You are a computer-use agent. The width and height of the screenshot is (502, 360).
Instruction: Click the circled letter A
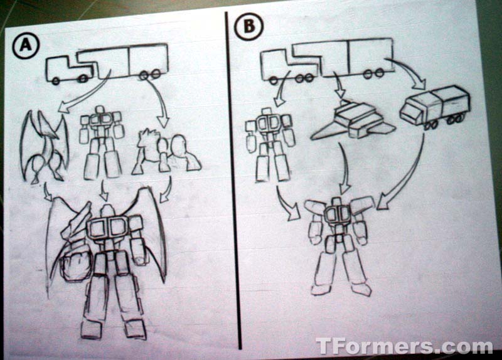click(26, 46)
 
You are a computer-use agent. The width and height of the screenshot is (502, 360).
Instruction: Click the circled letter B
click(248, 26)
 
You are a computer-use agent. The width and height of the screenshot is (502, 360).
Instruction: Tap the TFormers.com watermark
click(403, 346)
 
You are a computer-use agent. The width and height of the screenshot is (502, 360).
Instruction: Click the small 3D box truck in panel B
click(434, 107)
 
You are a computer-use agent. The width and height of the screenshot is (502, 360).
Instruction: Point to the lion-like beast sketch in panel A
click(166, 153)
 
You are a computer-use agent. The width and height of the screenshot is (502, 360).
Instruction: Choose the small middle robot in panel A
click(102, 142)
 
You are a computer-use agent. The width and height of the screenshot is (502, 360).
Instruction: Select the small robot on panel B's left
click(270, 146)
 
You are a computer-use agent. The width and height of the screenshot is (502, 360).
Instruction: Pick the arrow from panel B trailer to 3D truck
click(407, 73)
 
